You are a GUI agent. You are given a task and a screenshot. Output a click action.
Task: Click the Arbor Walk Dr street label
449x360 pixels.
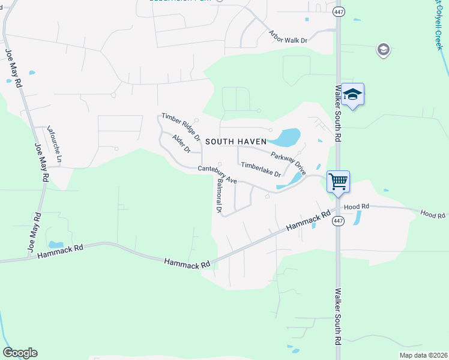288,36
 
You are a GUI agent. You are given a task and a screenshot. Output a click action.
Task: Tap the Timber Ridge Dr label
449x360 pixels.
180,124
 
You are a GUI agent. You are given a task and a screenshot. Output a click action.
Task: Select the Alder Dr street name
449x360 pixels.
181,144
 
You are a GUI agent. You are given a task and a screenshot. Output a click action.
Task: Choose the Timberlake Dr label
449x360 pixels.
261,169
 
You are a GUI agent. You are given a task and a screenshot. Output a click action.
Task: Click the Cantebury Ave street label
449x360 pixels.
217,175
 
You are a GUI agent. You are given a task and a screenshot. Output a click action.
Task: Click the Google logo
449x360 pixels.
20,353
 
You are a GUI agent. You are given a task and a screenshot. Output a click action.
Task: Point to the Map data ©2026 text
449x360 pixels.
423,355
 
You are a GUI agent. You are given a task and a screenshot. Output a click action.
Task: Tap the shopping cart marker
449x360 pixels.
338,181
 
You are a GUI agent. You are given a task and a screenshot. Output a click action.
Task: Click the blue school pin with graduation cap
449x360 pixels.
353,94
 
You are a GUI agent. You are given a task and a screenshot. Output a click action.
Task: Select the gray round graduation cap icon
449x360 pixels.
383,50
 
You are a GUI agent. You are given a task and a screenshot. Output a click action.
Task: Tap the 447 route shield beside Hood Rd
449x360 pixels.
338,221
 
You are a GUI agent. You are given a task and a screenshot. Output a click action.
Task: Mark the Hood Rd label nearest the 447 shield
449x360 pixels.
357,206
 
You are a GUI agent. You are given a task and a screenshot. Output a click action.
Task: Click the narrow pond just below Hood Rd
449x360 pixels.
358,217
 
